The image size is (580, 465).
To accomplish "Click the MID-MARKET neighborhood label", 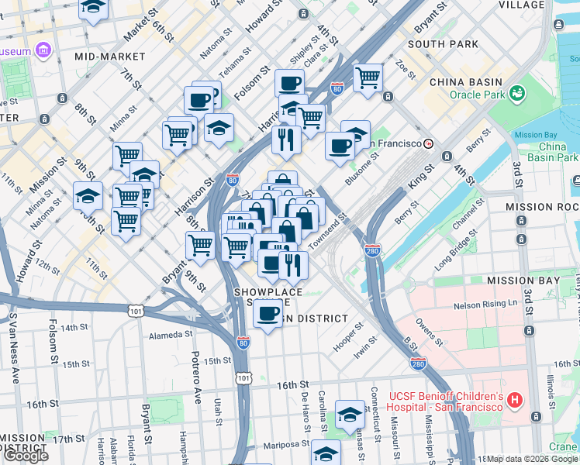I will point(110,57).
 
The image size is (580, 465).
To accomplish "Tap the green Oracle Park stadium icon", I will point(516,95).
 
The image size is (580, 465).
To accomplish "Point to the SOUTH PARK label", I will point(443,44).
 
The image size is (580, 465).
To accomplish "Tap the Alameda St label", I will point(171,334).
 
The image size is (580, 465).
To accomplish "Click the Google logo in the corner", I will point(26,456).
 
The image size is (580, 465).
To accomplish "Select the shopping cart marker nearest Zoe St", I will point(368,77).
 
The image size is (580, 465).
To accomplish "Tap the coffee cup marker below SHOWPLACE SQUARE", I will point(268,314).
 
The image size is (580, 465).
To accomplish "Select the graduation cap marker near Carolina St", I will point(350,416).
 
